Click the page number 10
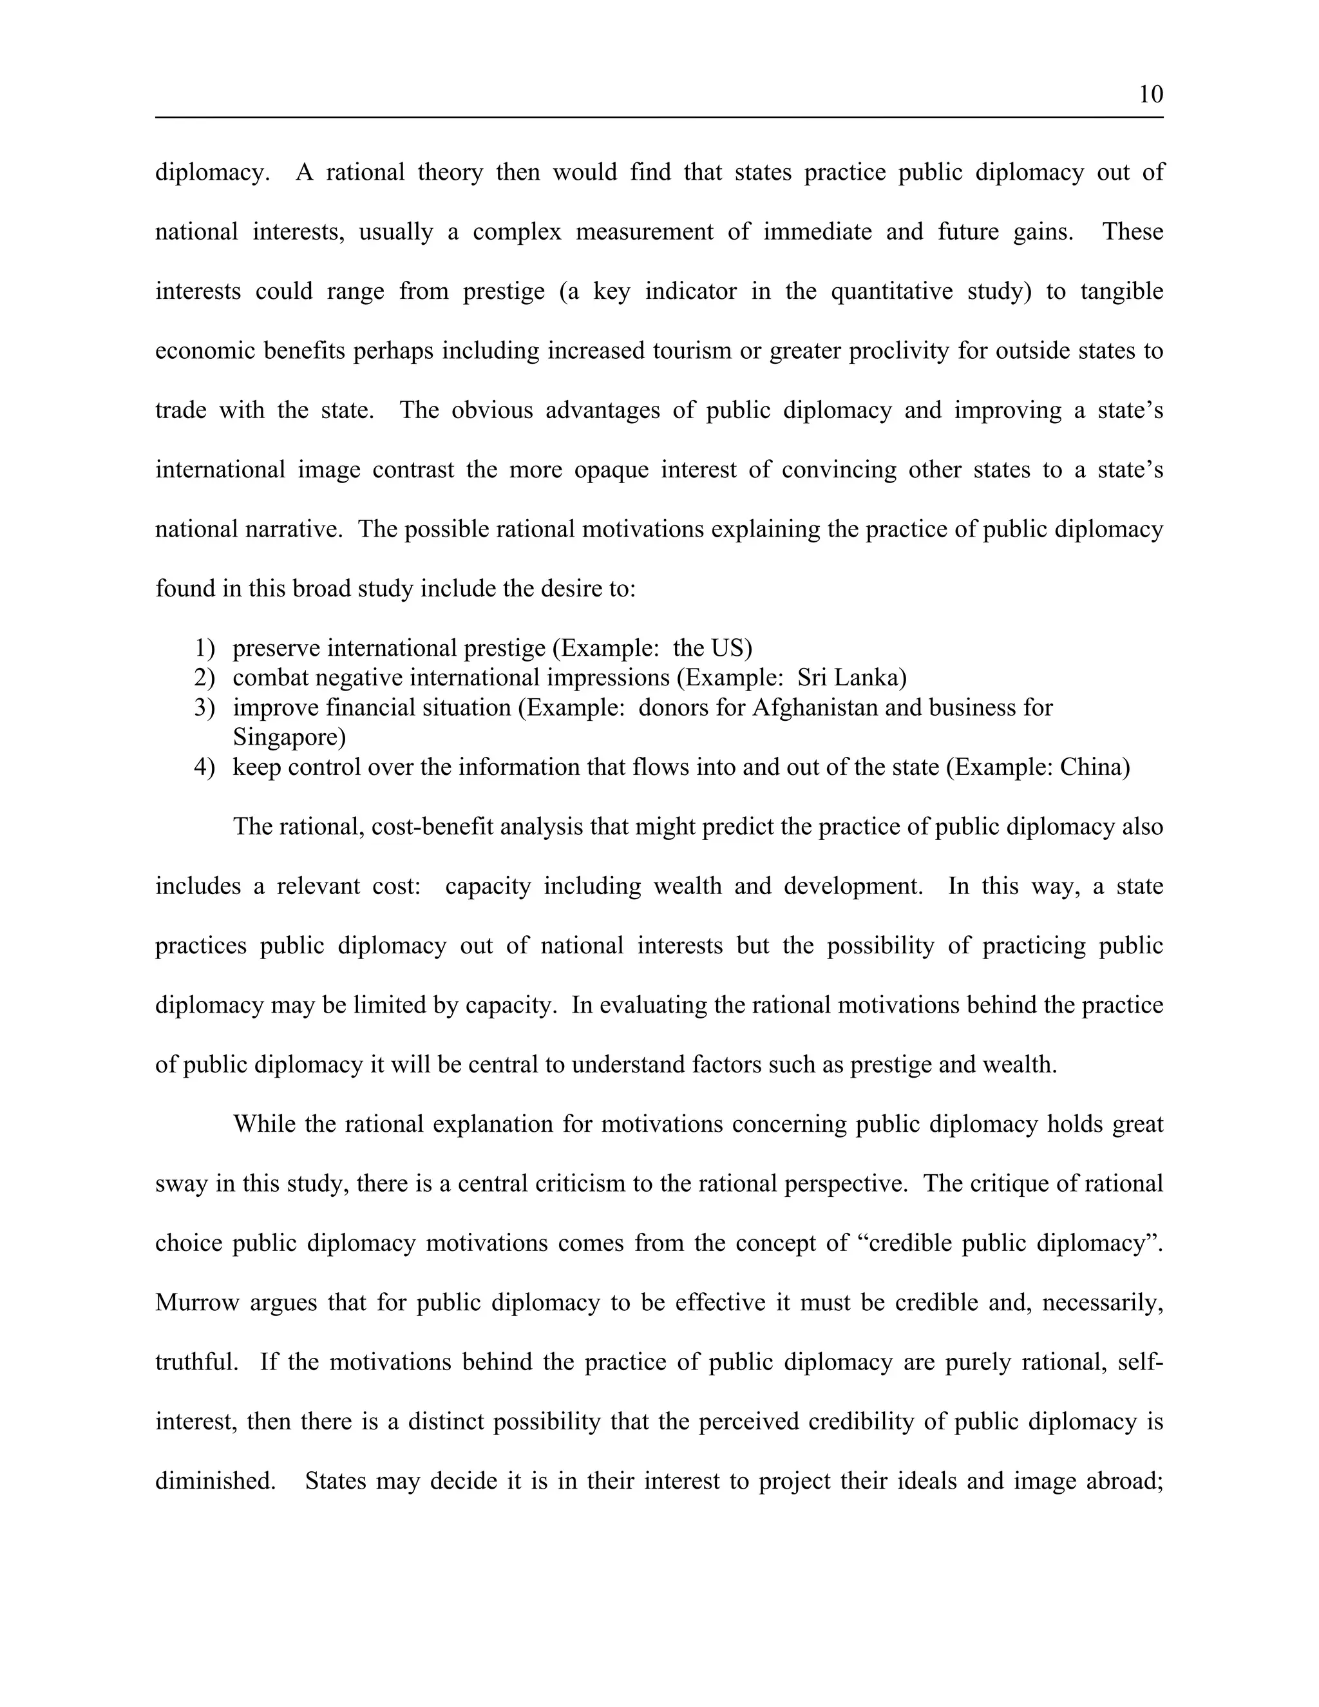click(x=1150, y=95)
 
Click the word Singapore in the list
click(x=289, y=737)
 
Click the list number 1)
click(x=204, y=648)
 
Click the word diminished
click(x=214, y=1481)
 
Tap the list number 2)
click(x=204, y=678)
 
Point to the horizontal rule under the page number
click(x=659, y=117)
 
